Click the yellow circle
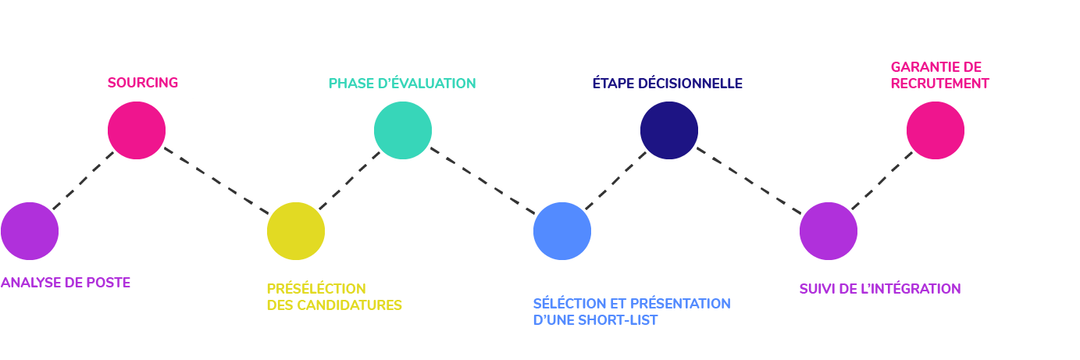click(295, 231)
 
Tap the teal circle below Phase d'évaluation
click(403, 130)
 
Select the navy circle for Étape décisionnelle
click(668, 130)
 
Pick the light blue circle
click(562, 231)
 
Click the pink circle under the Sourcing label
click(137, 130)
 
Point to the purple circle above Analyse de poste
click(30, 231)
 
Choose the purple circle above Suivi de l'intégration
click(829, 231)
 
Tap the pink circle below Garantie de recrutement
click(936, 130)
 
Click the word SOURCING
click(143, 83)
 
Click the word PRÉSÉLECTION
click(316, 289)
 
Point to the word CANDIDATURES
click(350, 305)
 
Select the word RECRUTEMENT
click(939, 84)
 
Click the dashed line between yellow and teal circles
click(350, 180)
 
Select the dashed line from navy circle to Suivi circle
click(749, 180)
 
